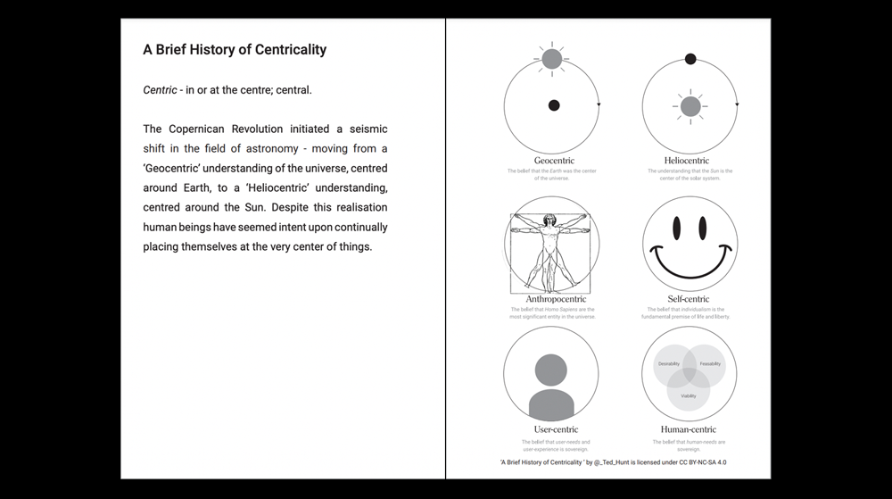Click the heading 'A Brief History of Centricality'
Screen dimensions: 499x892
pos(235,49)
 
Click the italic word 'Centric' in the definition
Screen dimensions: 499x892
pos(160,90)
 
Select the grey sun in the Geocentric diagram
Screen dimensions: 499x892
pos(551,59)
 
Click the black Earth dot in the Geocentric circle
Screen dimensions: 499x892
pos(553,106)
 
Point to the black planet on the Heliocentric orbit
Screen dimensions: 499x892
pos(690,60)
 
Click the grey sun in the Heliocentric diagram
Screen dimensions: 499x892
pos(690,107)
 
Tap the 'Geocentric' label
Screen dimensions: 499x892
pos(551,161)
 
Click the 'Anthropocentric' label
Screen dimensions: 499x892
pos(551,298)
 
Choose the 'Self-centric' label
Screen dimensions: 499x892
pos(689,298)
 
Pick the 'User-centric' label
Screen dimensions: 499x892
pos(551,430)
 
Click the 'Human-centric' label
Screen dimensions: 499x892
pos(689,430)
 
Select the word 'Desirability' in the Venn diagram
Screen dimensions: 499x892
pos(669,364)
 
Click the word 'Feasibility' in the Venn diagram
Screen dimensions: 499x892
pos(710,364)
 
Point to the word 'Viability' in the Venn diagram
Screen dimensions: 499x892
pos(689,395)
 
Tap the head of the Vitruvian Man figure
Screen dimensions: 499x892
pos(550,218)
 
